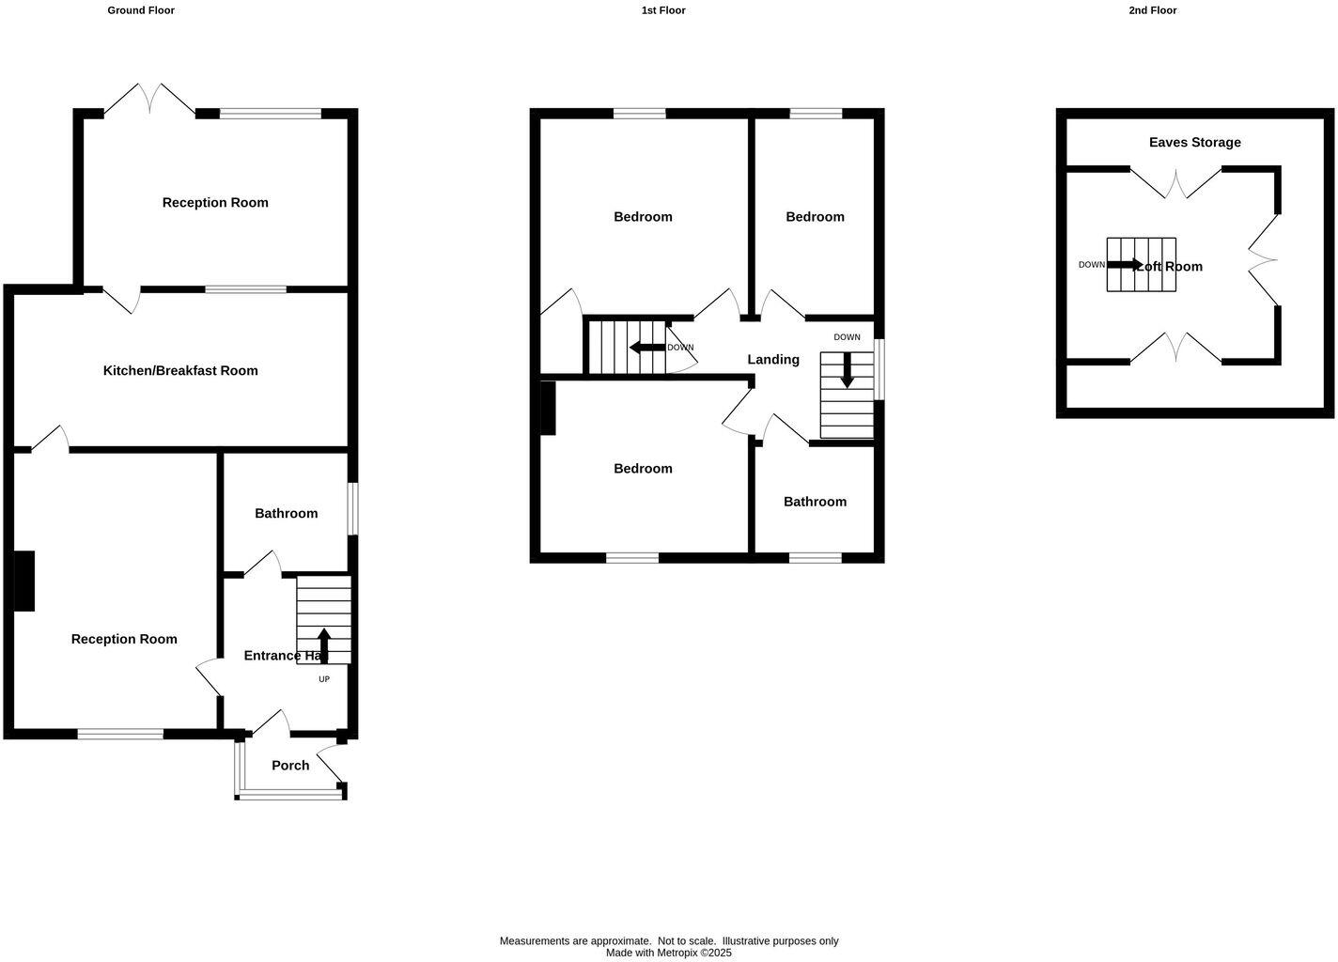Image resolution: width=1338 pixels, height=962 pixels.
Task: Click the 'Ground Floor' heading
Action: point(141,10)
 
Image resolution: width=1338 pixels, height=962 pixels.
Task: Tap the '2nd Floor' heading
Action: point(1152,10)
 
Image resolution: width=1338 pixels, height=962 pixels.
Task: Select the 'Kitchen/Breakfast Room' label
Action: point(180,370)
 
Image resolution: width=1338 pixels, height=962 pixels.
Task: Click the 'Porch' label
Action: point(290,765)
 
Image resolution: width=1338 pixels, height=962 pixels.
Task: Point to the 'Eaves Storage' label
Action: point(1194,142)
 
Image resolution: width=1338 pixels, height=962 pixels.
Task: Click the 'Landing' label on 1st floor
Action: point(773,359)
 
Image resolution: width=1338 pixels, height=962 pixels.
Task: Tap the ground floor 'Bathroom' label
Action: point(286,513)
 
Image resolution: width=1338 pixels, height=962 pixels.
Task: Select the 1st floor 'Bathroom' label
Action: point(815,501)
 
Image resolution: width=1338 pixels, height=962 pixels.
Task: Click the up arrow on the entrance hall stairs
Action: point(324,645)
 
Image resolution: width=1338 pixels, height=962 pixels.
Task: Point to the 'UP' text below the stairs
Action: point(324,679)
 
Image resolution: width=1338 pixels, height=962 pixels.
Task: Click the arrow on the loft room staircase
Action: point(1124,264)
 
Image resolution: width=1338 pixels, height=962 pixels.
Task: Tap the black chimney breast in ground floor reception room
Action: point(24,581)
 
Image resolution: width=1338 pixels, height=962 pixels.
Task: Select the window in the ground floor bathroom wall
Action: point(352,508)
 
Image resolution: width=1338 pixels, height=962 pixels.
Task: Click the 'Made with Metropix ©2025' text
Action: point(668,953)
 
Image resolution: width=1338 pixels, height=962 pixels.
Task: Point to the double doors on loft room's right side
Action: point(1264,259)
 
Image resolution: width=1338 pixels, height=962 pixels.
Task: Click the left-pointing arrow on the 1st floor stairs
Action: point(647,348)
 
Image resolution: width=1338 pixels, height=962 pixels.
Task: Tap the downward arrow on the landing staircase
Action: point(847,370)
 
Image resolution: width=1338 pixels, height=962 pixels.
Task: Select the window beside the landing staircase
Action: point(879,369)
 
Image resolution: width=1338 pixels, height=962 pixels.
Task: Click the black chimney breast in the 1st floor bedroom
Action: point(548,408)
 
